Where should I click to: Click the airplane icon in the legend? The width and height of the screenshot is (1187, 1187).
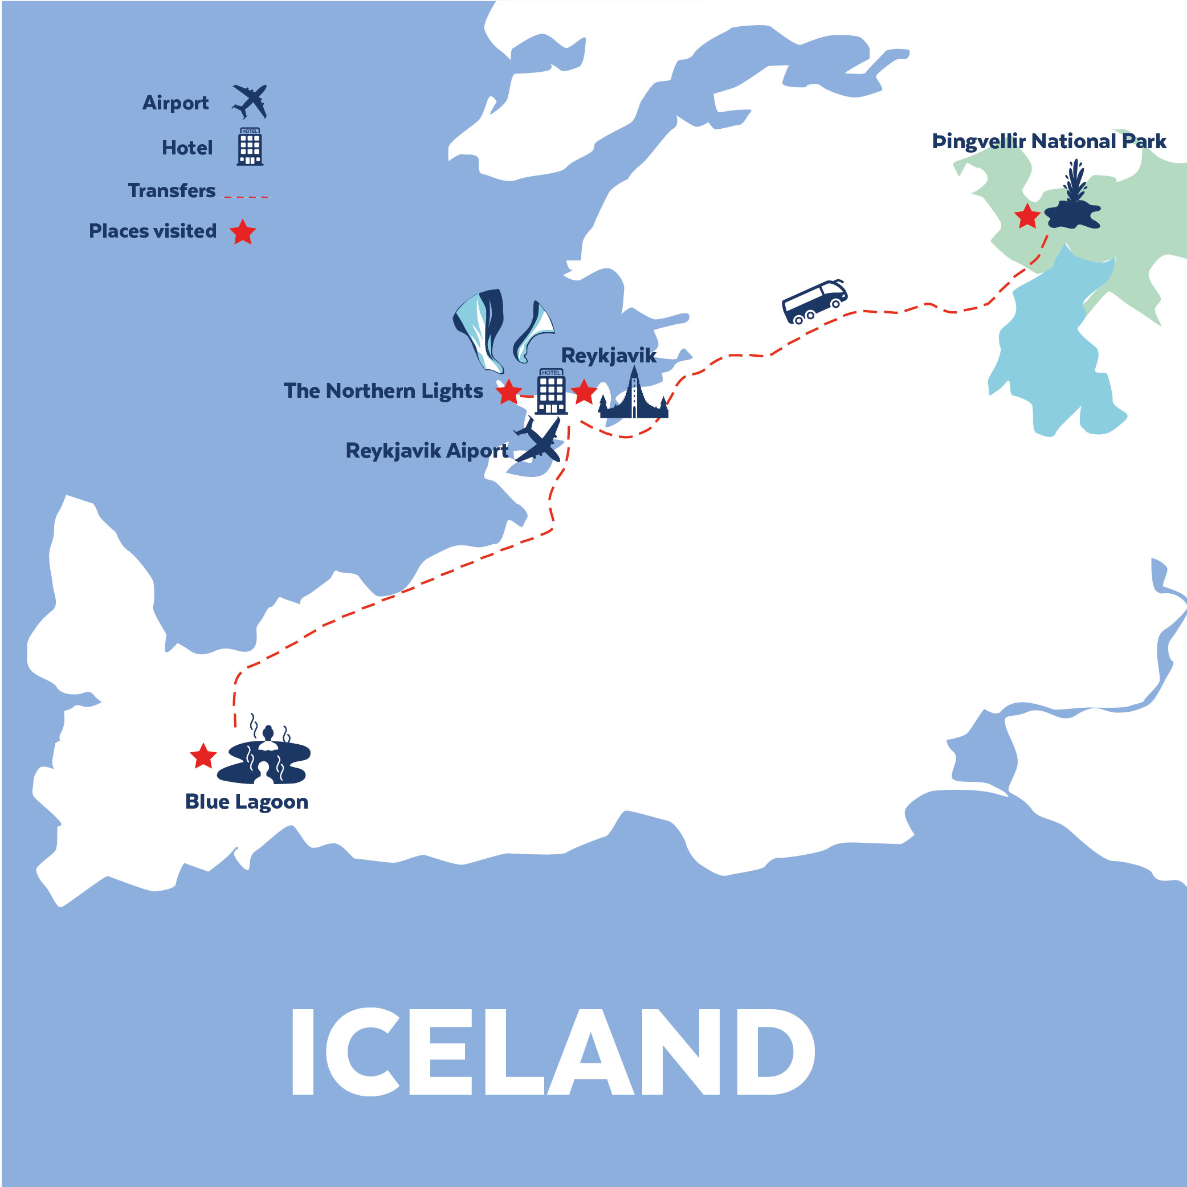[x=250, y=101]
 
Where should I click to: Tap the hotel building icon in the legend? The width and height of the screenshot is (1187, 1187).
[x=250, y=147]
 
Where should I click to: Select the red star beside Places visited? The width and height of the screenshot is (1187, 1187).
[x=243, y=232]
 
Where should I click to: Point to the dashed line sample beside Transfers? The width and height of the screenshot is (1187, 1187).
[x=246, y=197]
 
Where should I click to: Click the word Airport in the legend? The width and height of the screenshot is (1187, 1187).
[x=175, y=103]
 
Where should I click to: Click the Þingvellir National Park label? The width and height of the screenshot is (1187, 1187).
[x=1049, y=141]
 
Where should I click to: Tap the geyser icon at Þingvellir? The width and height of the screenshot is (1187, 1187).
[x=1074, y=199]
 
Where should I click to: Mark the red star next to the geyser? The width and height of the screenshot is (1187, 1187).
[x=1027, y=217]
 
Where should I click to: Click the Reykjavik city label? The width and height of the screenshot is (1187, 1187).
[x=608, y=355]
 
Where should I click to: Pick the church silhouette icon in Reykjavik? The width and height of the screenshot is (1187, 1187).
[x=634, y=397]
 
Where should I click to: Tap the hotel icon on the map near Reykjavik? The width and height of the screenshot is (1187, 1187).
[x=551, y=391]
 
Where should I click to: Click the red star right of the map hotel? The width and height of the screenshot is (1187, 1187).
[x=584, y=391]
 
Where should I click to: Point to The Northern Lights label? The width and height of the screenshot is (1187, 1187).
[x=384, y=391]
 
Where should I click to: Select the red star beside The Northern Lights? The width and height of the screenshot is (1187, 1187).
[x=509, y=392]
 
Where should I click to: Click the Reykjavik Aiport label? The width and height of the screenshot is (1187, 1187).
[x=427, y=450]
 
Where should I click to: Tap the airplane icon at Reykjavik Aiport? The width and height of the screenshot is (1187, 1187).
[x=538, y=440]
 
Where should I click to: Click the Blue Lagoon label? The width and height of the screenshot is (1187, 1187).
[x=246, y=802]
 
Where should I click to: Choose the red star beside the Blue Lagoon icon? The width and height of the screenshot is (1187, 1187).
[x=203, y=756]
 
